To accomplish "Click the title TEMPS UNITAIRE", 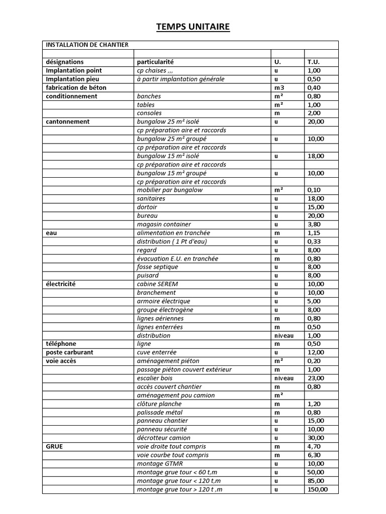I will pyautogui.click(x=193, y=27).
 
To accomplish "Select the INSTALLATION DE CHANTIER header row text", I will pyautogui.click(x=87, y=45).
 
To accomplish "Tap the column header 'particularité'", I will pyautogui.click(x=155, y=62).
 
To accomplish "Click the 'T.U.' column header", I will pyautogui.click(x=314, y=62).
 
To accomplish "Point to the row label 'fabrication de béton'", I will pyautogui.click(x=76, y=87).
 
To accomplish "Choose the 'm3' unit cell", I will pyautogui.click(x=278, y=87).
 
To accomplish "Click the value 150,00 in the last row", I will pyautogui.click(x=317, y=489).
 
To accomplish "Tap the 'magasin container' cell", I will pyautogui.click(x=164, y=224).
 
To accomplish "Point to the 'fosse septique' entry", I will pyautogui.click(x=157, y=267).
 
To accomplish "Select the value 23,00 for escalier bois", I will pyautogui.click(x=316, y=378).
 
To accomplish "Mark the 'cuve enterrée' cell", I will pyautogui.click(x=157, y=352).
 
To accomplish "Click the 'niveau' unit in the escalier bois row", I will pyautogui.click(x=283, y=378).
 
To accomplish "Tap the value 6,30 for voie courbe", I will pyautogui.click(x=314, y=455).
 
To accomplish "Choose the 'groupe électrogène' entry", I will pyautogui.click(x=165, y=310).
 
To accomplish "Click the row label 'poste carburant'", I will pyautogui.click(x=69, y=352).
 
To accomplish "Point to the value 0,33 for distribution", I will pyautogui.click(x=314, y=241).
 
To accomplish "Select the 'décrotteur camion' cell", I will pyautogui.click(x=164, y=438).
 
